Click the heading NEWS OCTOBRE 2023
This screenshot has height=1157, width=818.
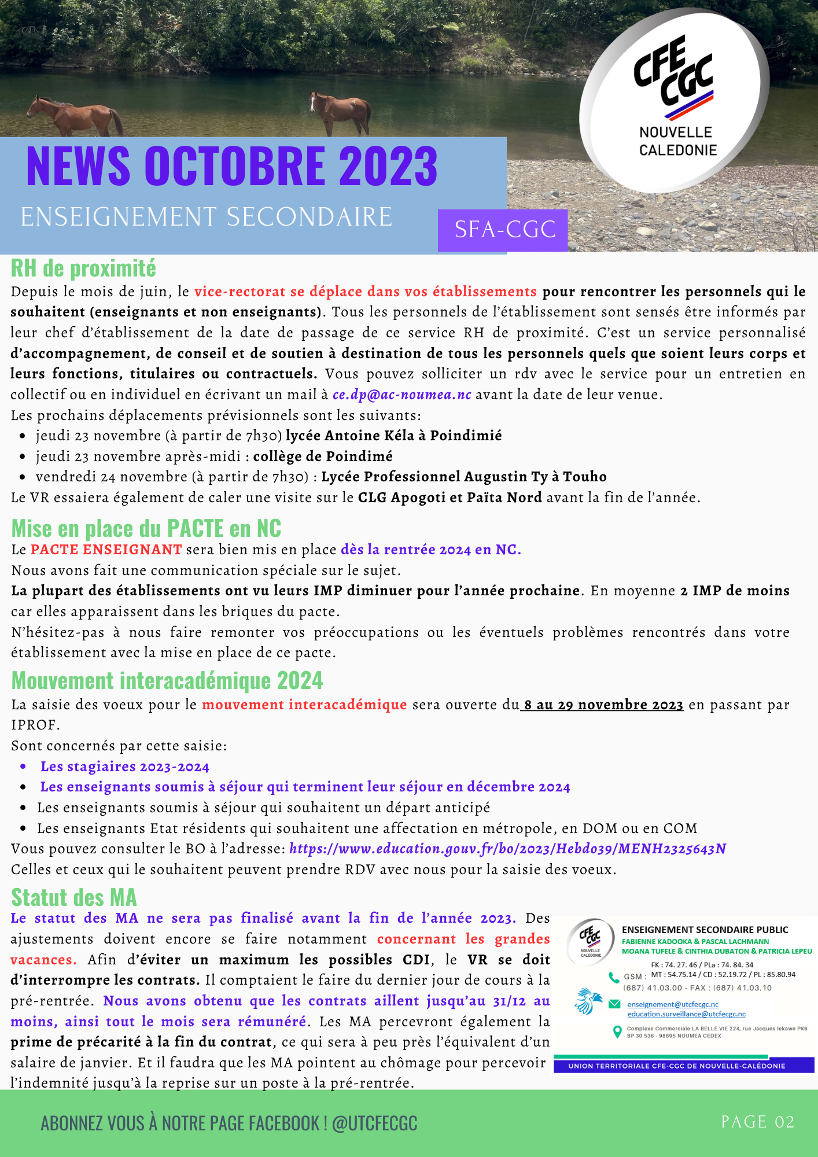point(232,167)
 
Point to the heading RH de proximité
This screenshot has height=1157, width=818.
point(83,268)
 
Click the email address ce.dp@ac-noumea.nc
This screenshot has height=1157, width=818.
point(402,395)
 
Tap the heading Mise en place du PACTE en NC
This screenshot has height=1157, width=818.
point(146,528)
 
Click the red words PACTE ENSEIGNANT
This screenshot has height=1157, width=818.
point(106,550)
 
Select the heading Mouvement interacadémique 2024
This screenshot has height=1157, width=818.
point(167,680)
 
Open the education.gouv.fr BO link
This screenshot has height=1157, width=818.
point(507,849)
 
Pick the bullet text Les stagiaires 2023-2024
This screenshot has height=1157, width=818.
point(124,767)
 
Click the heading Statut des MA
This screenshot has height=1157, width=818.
point(74,897)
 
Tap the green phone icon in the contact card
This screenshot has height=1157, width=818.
point(614,978)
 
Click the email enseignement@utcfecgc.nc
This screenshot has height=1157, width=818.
point(673,1004)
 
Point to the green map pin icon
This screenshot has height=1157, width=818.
point(617,1031)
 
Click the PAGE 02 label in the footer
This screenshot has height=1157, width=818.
point(757,1122)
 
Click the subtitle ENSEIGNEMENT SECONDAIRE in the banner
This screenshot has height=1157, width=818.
point(207,218)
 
